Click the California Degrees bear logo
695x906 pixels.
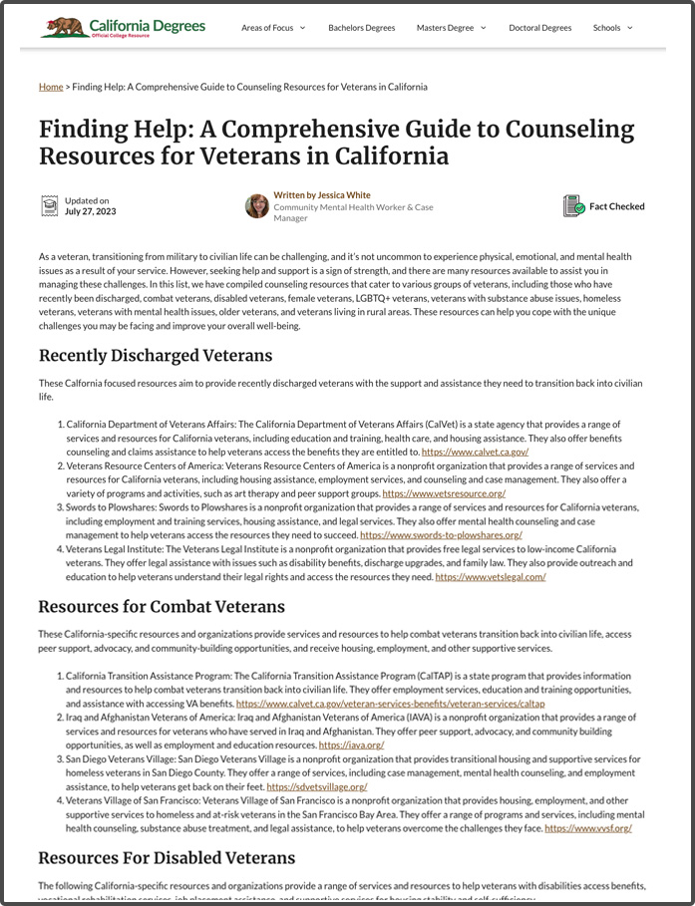63,27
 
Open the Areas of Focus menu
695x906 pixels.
272,28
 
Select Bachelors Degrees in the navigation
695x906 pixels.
360,28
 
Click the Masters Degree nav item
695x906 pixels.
451,28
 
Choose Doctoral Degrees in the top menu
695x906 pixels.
539,28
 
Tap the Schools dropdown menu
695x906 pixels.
612,28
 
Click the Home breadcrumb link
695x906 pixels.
51,87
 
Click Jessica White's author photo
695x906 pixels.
257,206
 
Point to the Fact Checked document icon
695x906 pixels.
573,206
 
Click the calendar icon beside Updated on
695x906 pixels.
49,206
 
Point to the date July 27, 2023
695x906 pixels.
91,212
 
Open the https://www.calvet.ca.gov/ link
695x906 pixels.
475,452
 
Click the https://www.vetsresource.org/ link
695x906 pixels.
444,493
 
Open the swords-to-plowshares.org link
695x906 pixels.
441,535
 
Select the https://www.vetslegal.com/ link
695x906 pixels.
490,577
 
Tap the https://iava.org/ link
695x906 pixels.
351,745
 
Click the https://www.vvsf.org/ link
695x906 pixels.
587,828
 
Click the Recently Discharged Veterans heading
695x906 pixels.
156,356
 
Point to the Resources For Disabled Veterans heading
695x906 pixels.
167,858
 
